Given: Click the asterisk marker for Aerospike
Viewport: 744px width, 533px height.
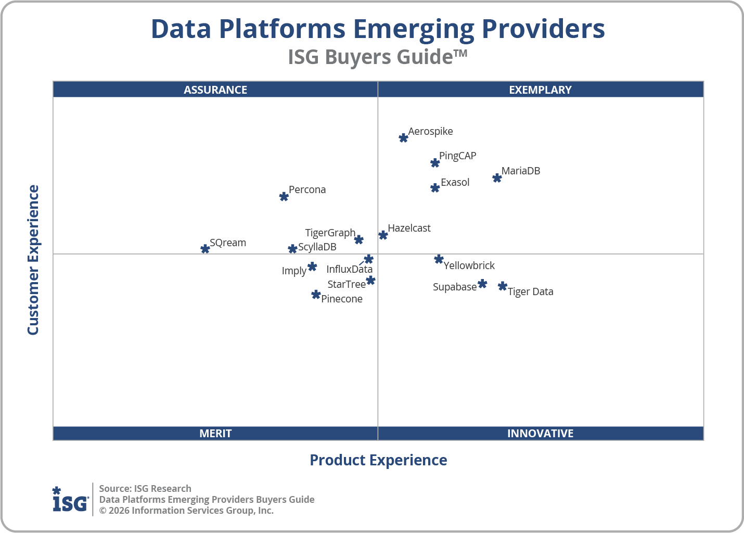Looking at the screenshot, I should pyautogui.click(x=403, y=138).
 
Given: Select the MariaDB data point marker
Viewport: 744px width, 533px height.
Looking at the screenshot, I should pyautogui.click(x=497, y=178).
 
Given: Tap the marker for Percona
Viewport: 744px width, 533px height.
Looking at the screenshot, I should pyautogui.click(x=284, y=197).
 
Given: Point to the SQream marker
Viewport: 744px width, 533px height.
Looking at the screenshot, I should pyautogui.click(x=205, y=249).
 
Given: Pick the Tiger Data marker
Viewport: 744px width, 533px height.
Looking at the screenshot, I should pyautogui.click(x=502, y=286).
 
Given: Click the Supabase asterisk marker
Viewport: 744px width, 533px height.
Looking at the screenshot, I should pyautogui.click(x=482, y=284).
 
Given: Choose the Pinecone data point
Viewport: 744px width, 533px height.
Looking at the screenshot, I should pyautogui.click(x=315, y=295).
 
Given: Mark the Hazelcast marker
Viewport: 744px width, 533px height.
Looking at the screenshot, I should pyautogui.click(x=383, y=235).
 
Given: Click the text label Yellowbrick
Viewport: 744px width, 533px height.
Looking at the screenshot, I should pyautogui.click(x=469, y=265).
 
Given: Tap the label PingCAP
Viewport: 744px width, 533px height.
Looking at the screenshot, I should pyautogui.click(x=457, y=156).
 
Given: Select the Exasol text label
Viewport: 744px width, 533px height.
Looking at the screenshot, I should pyautogui.click(x=455, y=182).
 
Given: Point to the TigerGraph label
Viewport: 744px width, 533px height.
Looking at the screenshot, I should pyautogui.click(x=330, y=233).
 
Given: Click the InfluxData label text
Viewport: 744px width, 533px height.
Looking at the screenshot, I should pyautogui.click(x=349, y=269).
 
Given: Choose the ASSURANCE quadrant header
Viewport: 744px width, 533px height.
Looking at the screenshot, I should pyautogui.click(x=215, y=90).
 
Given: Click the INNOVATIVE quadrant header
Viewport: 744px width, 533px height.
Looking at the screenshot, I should pyautogui.click(x=540, y=433).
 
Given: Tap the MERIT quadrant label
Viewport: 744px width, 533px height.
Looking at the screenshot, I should pyautogui.click(x=215, y=433).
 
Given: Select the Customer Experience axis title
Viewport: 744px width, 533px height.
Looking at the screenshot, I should pyautogui.click(x=33, y=260).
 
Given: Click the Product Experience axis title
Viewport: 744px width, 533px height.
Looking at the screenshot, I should pyautogui.click(x=378, y=460).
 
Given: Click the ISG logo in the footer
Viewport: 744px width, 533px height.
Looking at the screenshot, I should pyautogui.click(x=70, y=500).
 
